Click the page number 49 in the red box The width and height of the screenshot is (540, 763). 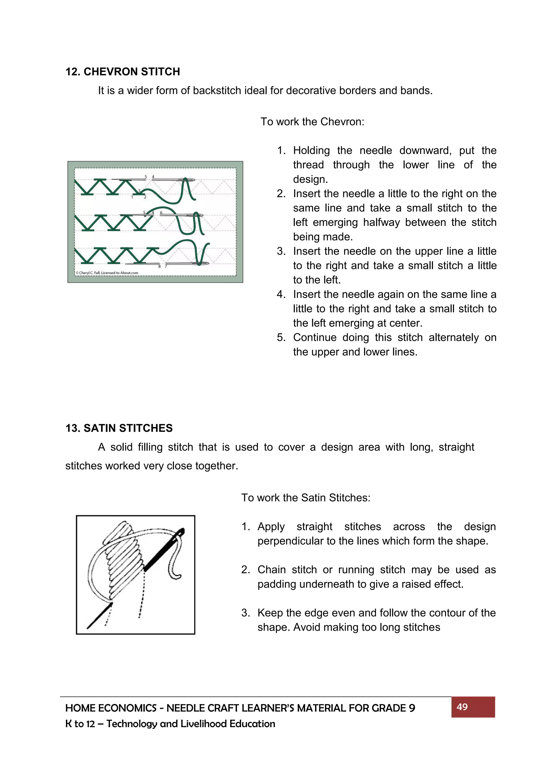pos(462,707)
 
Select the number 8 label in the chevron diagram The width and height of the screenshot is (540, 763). pos(159,267)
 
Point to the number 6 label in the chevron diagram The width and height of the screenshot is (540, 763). pos(161,213)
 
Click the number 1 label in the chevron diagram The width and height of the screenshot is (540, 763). pos(132,197)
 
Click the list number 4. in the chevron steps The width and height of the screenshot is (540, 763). pos(281,295)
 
